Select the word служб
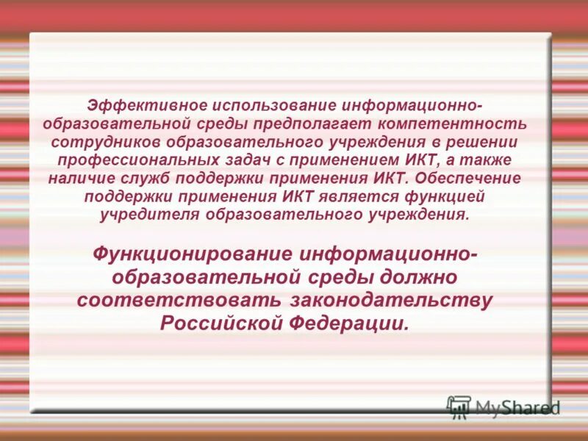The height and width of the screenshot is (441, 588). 143,178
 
